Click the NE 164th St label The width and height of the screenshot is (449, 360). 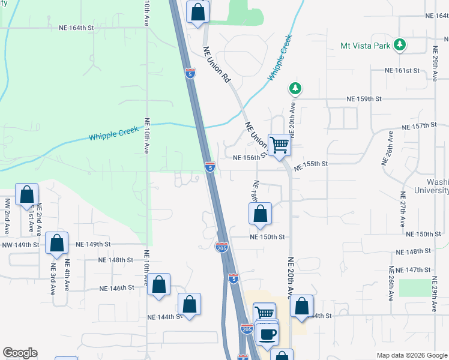(76, 28)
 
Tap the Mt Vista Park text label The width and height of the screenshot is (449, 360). (366, 45)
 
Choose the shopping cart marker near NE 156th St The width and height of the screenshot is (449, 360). (279, 145)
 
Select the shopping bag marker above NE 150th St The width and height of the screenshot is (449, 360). (260, 214)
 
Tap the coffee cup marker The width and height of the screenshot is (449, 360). (267, 334)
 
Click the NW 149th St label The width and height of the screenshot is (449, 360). (20, 245)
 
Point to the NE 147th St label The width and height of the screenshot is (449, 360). (418, 271)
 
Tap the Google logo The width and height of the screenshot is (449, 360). (20, 353)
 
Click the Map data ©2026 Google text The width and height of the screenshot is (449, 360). (411, 355)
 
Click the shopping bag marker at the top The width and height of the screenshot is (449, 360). (197, 12)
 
